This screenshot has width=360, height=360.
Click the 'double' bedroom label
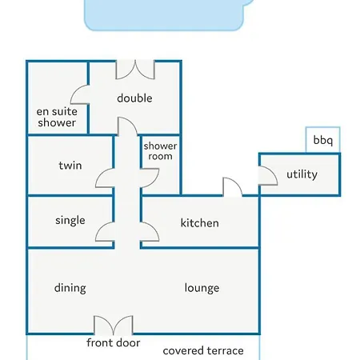[134, 98]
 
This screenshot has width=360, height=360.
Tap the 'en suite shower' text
[57, 117]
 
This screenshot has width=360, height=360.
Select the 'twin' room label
[70, 166]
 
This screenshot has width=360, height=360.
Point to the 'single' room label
[70, 221]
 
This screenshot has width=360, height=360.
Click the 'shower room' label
[160, 151]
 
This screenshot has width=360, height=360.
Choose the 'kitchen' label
[200, 223]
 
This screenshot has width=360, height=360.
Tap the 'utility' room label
[302, 174]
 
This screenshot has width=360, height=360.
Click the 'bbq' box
[323, 140]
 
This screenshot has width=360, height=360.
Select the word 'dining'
[70, 288]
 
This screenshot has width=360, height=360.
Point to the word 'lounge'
[202, 288]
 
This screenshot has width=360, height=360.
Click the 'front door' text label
[114, 342]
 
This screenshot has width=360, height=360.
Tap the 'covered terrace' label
[203, 350]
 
